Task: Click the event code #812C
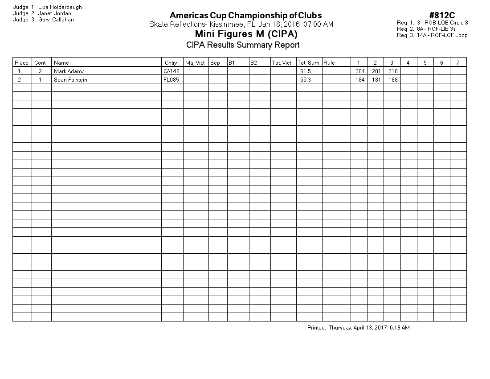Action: pyautogui.click(x=442, y=16)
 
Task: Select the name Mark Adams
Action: pyautogui.click(x=69, y=71)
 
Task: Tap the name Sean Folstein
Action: pyautogui.click(x=70, y=80)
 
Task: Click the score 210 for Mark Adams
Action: pyautogui.click(x=392, y=71)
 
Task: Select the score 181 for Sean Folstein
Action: pyautogui.click(x=376, y=80)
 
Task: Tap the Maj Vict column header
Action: pyautogui.click(x=195, y=63)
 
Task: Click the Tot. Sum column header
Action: pyautogui.click(x=308, y=63)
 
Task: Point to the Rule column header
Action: pyautogui.click(x=329, y=63)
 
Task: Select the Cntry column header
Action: pyautogui.click(x=171, y=63)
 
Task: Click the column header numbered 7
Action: pyautogui.click(x=458, y=63)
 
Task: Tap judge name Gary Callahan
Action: pyautogui.click(x=56, y=20)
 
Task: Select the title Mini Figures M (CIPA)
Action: pyautogui.click(x=246, y=34)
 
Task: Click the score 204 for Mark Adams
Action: pyautogui.click(x=360, y=71)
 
